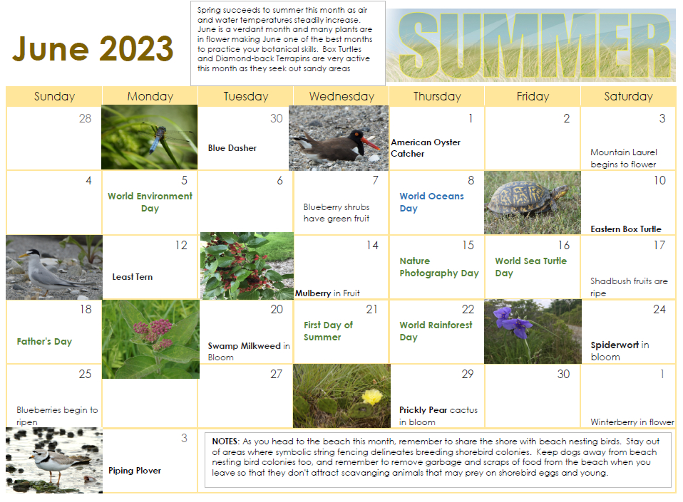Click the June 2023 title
93,48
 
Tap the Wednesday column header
341,96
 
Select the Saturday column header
627,96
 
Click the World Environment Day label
150,202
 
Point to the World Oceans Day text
431,202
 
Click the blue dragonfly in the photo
153,143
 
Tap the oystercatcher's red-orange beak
370,143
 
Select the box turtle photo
531,202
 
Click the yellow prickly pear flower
372,396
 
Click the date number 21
371,309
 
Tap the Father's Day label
44,341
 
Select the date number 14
371,245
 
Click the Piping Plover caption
135,471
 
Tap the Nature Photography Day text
438,267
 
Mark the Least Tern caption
133,277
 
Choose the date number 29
467,374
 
